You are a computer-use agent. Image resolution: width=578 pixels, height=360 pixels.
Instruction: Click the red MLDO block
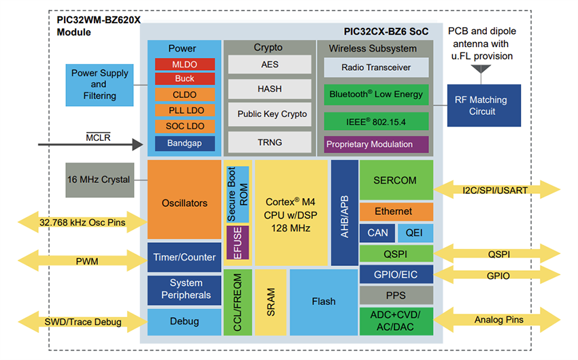click(184, 64)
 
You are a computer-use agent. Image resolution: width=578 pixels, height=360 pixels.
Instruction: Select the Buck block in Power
click(184, 79)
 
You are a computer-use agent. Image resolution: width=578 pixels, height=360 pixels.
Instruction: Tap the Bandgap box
click(184, 143)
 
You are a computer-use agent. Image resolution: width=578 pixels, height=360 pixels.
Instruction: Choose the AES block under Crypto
click(270, 64)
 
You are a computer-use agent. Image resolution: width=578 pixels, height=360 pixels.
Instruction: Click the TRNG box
click(270, 142)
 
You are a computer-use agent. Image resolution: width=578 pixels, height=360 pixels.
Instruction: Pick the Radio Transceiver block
click(376, 67)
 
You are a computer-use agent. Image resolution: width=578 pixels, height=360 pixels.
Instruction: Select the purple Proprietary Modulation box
click(376, 144)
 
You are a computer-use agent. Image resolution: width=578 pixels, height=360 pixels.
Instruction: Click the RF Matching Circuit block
click(483, 105)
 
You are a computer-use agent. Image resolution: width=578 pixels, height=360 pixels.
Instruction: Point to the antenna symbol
click(483, 69)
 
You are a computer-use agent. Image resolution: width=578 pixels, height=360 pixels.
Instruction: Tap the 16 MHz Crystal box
click(100, 180)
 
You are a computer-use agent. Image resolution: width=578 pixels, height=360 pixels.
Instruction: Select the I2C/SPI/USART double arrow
click(503, 190)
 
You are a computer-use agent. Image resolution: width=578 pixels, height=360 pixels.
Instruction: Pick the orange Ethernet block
click(396, 212)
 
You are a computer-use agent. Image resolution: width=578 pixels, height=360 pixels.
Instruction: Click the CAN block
click(377, 233)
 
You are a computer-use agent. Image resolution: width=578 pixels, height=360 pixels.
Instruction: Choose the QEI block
click(415, 233)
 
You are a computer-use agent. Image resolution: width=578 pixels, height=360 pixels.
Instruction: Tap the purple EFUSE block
click(237, 243)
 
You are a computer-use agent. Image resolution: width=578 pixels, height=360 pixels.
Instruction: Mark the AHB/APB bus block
click(344, 212)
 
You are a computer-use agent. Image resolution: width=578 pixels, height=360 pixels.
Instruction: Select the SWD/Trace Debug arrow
click(82, 321)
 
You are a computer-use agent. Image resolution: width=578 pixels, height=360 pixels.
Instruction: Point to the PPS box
click(396, 295)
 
